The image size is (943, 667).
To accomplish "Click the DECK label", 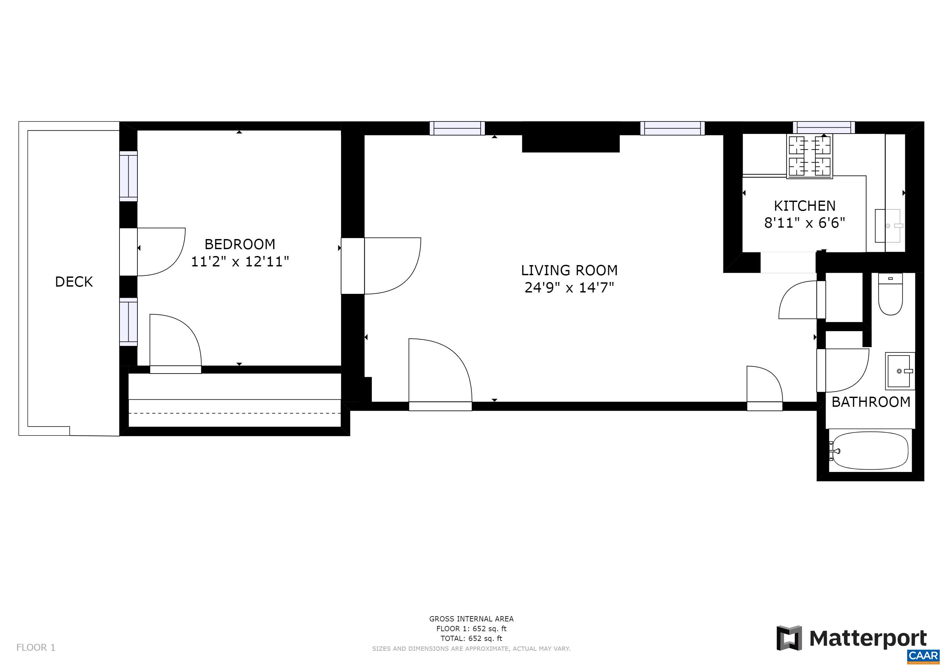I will click(74, 282).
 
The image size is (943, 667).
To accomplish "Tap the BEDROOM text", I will click(240, 244).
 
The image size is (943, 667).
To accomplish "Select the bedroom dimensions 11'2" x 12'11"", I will click(240, 262).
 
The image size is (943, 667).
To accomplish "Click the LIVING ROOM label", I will click(569, 270).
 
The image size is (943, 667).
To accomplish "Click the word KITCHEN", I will click(804, 206).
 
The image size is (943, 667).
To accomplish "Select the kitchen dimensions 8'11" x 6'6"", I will click(804, 223).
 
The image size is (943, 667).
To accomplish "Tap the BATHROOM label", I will click(871, 402).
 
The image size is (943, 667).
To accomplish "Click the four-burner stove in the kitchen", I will click(809, 156).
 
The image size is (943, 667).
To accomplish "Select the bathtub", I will click(870, 450).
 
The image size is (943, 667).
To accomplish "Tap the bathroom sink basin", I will click(899, 371).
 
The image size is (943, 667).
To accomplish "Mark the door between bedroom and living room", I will click(390, 266).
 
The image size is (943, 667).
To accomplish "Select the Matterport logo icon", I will click(789, 638).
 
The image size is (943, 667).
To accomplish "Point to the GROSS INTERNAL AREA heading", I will click(471, 618).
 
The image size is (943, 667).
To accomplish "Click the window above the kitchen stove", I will click(823, 127).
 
